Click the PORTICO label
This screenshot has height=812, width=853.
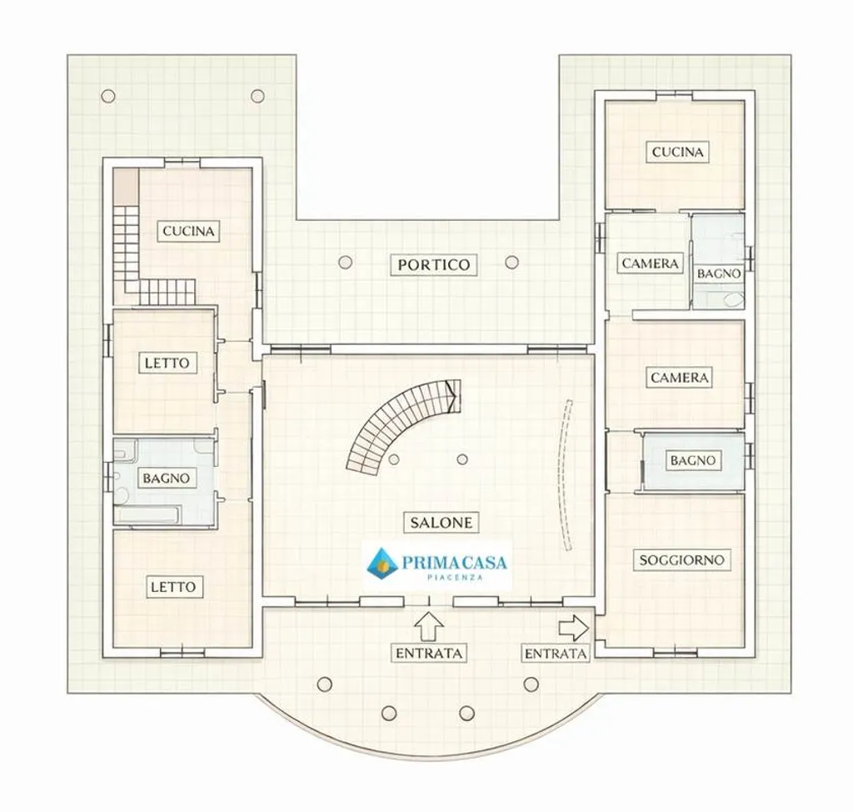(433, 264)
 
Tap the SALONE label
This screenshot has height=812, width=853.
(441, 523)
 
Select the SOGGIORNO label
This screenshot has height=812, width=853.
(681, 560)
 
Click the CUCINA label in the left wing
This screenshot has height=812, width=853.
(189, 231)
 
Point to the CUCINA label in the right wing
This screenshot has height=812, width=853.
(677, 152)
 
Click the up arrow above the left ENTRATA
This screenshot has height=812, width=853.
(429, 627)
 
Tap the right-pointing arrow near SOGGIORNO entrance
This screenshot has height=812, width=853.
(574, 629)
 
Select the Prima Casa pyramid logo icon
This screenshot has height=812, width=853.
(382, 562)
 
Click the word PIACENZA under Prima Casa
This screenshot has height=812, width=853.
(455, 577)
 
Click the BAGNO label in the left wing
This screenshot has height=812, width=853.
(166, 479)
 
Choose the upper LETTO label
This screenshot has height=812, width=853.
(167, 363)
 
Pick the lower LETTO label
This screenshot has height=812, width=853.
(173, 587)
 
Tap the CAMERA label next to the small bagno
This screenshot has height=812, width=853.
(650, 263)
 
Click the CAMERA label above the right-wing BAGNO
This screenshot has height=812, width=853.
(680, 378)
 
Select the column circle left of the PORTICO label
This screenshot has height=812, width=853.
(345, 263)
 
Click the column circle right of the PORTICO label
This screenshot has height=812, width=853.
(511, 263)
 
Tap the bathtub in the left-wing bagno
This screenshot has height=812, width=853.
(147, 514)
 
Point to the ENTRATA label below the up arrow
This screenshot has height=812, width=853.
(429, 653)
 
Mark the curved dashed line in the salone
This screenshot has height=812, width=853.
(562, 475)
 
